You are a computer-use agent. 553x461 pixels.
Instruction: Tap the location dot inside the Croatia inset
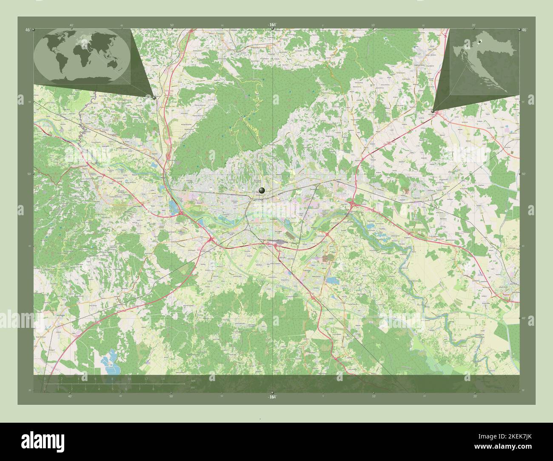479,41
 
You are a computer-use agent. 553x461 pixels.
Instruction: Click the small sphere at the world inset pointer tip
154,97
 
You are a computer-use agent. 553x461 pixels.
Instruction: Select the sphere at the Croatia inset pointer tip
433,111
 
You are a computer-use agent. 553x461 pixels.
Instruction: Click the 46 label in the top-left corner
28,30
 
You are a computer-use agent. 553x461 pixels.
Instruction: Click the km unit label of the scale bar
194,381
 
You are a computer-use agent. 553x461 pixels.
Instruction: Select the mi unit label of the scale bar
193,387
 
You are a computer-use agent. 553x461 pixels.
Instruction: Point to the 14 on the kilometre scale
162,378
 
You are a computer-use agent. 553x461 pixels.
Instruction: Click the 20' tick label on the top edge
473,25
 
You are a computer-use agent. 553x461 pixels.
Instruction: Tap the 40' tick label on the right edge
524,318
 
